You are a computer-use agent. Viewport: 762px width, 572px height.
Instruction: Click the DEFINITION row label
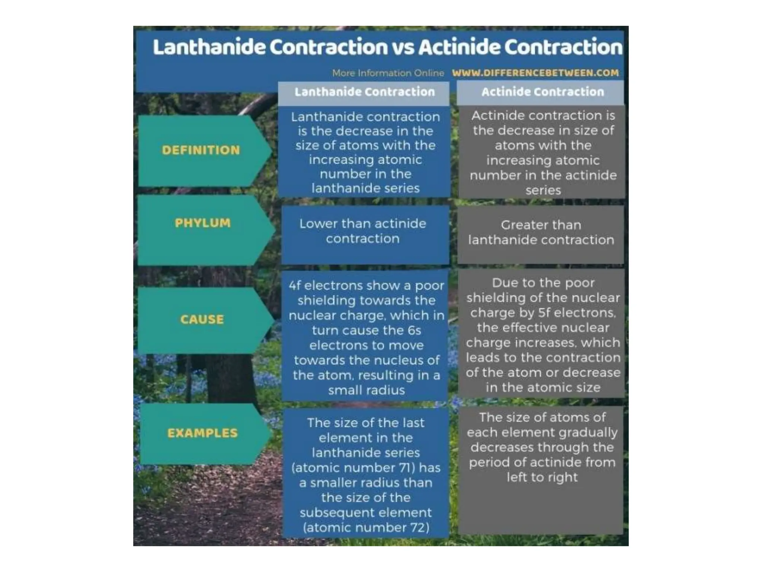(201, 150)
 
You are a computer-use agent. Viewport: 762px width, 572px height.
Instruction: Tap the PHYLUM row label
(203, 223)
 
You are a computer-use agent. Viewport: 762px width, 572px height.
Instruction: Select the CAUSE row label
(202, 319)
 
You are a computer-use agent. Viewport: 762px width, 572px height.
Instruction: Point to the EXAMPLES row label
(202, 433)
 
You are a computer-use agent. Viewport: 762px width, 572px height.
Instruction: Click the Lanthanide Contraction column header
(365, 92)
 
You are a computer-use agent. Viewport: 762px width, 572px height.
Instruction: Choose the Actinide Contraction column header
(542, 92)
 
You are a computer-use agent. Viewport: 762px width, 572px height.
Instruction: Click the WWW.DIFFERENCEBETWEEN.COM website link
(535, 73)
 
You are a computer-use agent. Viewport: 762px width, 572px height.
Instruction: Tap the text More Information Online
(388, 73)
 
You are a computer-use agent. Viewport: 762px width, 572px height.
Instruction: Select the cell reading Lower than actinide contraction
(363, 231)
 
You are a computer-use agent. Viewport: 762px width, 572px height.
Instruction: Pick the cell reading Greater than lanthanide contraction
(541, 232)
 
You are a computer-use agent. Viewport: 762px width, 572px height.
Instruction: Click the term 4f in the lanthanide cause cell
(295, 286)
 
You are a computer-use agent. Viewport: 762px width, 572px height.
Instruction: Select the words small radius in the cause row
(366, 390)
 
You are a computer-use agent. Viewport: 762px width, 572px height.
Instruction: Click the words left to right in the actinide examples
(542, 477)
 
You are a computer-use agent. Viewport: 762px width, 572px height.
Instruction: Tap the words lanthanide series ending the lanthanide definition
(365, 188)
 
